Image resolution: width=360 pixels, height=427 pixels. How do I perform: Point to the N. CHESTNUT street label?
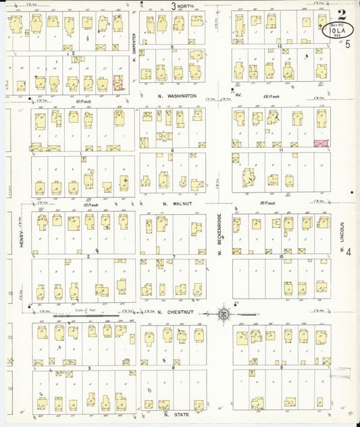(x=175, y=312)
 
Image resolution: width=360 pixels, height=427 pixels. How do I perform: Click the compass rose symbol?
(x=223, y=313)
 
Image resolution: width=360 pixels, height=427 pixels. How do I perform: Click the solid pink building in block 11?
(x=322, y=144)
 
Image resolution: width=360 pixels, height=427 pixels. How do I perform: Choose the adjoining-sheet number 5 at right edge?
(x=348, y=45)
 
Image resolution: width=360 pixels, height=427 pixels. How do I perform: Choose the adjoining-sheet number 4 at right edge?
(x=349, y=252)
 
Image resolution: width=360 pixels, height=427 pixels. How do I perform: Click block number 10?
(x=280, y=257)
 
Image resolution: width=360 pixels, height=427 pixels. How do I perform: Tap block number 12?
(x=278, y=46)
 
